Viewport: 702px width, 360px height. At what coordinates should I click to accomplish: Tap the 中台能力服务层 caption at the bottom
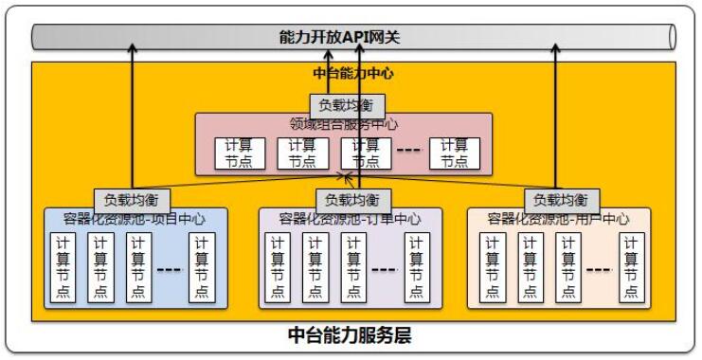click(350, 336)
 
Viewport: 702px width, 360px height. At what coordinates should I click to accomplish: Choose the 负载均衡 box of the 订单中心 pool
click(351, 200)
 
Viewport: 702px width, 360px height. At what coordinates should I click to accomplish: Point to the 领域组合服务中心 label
click(344, 124)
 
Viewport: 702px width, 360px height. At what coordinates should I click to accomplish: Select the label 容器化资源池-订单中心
click(351, 219)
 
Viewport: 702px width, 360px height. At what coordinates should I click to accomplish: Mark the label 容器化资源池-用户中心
click(559, 219)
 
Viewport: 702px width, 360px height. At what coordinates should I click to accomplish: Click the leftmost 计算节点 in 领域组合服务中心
click(239, 153)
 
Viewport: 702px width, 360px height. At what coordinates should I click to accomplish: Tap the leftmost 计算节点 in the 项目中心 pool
click(63, 267)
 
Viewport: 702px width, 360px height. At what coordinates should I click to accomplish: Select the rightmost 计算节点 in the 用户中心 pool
click(633, 267)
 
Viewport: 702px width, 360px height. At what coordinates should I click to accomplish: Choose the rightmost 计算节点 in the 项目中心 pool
click(201, 267)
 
